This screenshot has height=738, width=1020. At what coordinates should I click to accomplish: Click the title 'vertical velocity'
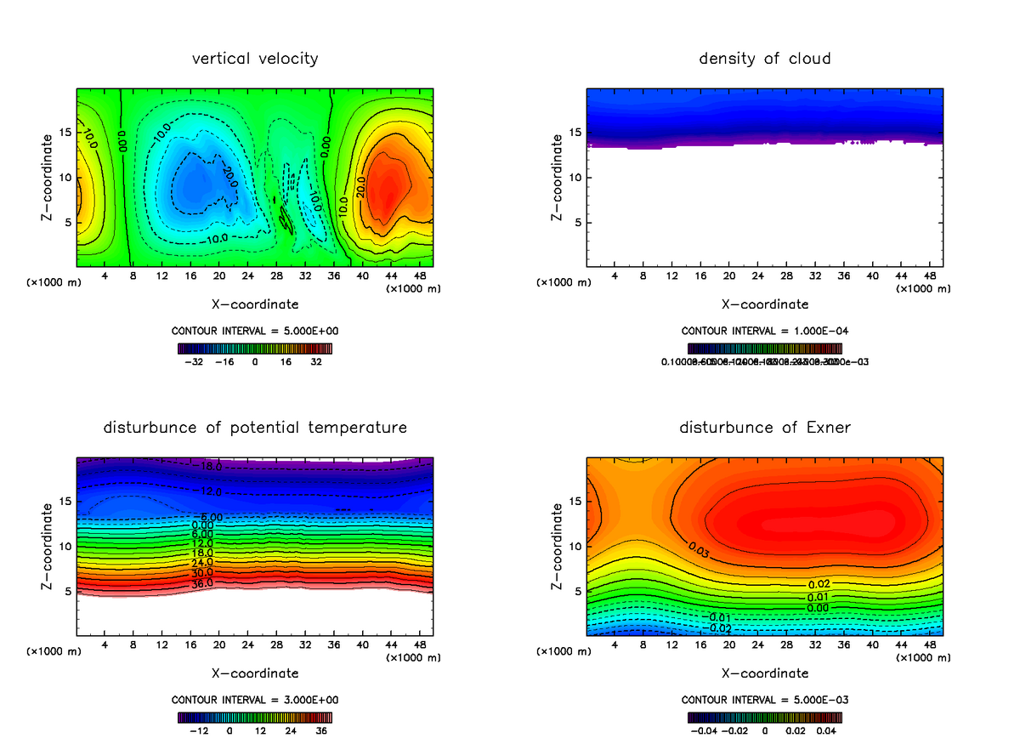point(255,59)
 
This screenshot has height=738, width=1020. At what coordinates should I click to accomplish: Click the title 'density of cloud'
point(764,59)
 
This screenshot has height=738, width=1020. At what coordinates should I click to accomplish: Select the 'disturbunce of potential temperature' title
point(255,428)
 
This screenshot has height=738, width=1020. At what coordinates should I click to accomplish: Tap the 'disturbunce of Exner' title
point(764,428)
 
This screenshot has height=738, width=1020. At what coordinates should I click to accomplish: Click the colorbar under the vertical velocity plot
point(255,348)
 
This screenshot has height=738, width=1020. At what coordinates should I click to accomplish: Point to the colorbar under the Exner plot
point(764,717)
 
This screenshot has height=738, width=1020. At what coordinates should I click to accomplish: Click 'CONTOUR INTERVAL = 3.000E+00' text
point(255,700)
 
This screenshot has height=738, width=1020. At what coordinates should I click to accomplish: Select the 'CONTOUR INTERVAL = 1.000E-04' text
point(764,331)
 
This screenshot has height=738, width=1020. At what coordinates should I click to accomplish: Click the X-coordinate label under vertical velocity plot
point(255,304)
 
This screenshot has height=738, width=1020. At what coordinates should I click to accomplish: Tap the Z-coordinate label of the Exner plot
point(558,547)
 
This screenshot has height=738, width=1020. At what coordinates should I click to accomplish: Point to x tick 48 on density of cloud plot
point(930,276)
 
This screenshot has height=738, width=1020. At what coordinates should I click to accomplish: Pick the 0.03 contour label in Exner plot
point(700,551)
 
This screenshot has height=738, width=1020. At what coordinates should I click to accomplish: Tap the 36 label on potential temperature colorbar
point(321,730)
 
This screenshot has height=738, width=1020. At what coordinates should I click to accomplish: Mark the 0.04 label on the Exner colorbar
point(827,730)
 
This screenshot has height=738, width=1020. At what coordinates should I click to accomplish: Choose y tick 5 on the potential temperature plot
point(67,591)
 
